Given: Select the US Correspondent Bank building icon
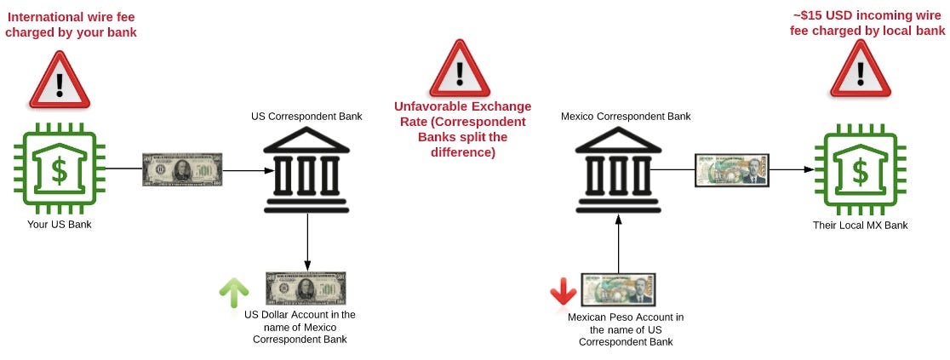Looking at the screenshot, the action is click(306, 169).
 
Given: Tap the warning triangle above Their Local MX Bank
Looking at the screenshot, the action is click(860, 71).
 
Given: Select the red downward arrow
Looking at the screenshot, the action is click(563, 292).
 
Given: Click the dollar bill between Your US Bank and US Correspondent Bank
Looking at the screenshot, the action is click(181, 170).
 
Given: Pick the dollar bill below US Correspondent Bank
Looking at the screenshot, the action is click(306, 289).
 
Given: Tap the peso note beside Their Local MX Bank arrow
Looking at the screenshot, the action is click(731, 170).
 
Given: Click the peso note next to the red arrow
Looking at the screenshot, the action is click(619, 290).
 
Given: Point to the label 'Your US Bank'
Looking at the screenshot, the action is click(59, 225).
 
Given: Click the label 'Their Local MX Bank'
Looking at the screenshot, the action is click(860, 226).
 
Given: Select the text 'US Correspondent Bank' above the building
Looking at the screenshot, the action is click(306, 116).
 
